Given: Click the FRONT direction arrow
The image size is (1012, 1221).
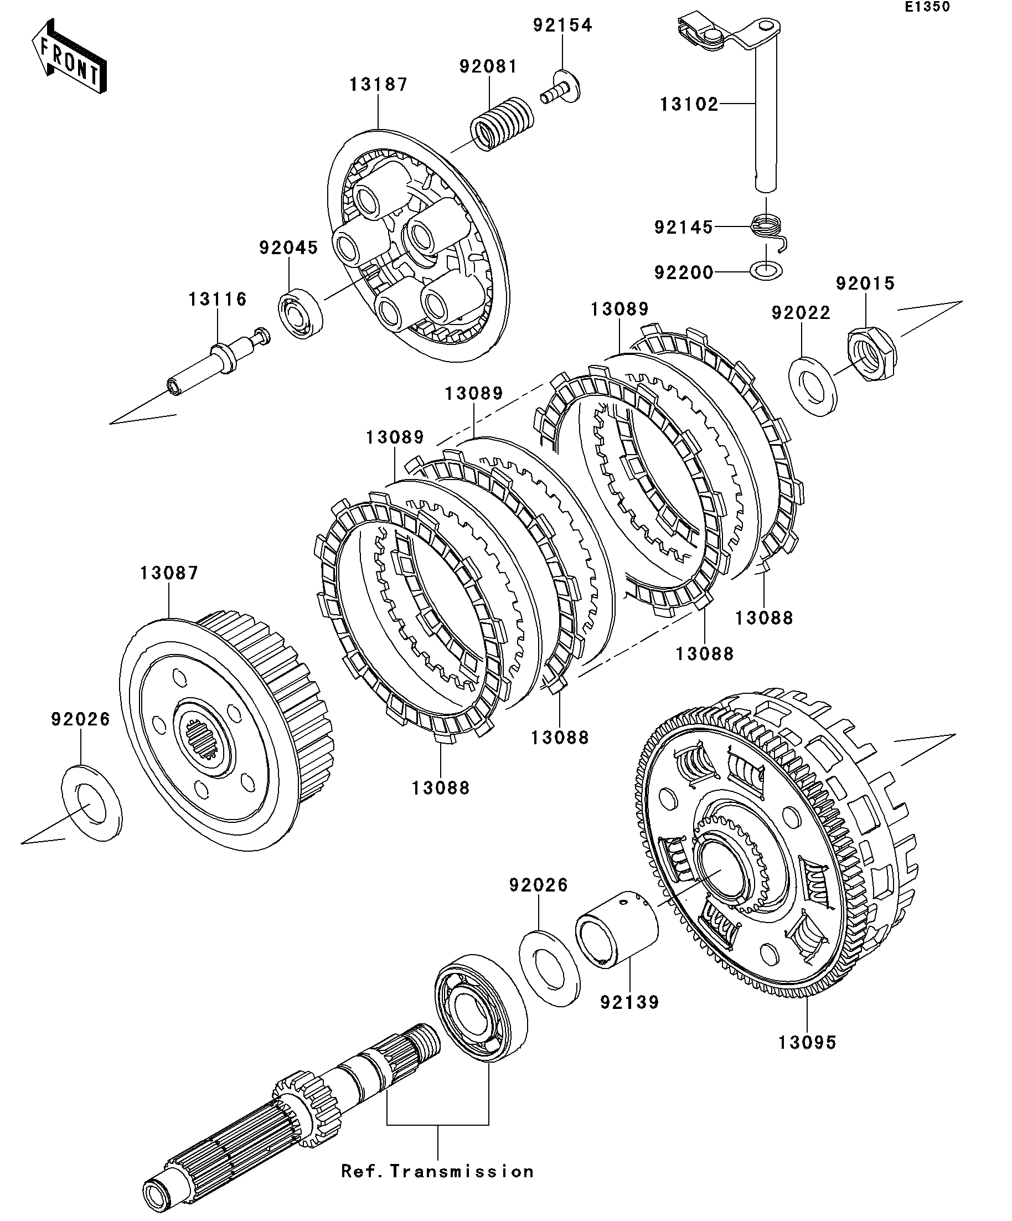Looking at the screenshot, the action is click(x=69, y=56).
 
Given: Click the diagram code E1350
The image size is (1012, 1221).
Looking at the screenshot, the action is click(x=927, y=7).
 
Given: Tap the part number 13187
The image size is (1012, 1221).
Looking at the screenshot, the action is click(x=379, y=85).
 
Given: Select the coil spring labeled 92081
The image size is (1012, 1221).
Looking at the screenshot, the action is click(x=501, y=125).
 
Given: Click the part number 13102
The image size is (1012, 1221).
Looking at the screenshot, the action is click(x=689, y=105).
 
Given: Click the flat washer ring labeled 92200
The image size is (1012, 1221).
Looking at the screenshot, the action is click(x=767, y=270).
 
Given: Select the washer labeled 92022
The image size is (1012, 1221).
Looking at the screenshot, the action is click(x=813, y=387).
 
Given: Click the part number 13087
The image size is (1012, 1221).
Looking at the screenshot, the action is click(x=169, y=573).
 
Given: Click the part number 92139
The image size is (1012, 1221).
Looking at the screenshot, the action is click(x=629, y=1002).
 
